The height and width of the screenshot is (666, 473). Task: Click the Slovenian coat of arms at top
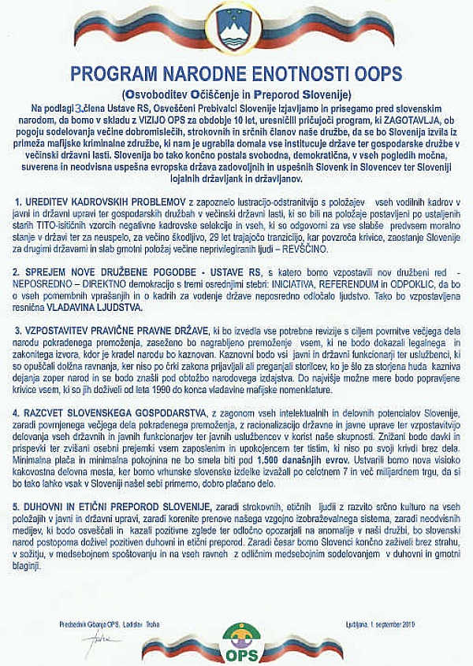[x=236, y=28]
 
